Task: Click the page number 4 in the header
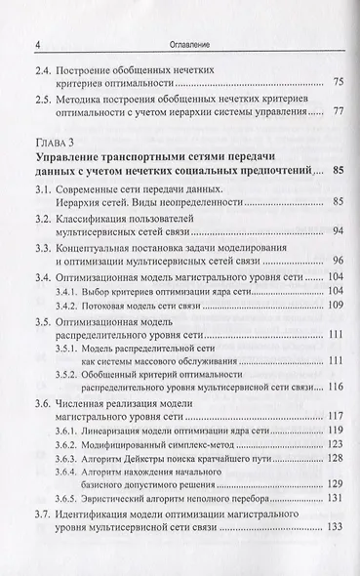tap(37, 44)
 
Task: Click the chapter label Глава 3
tap(58, 159)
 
